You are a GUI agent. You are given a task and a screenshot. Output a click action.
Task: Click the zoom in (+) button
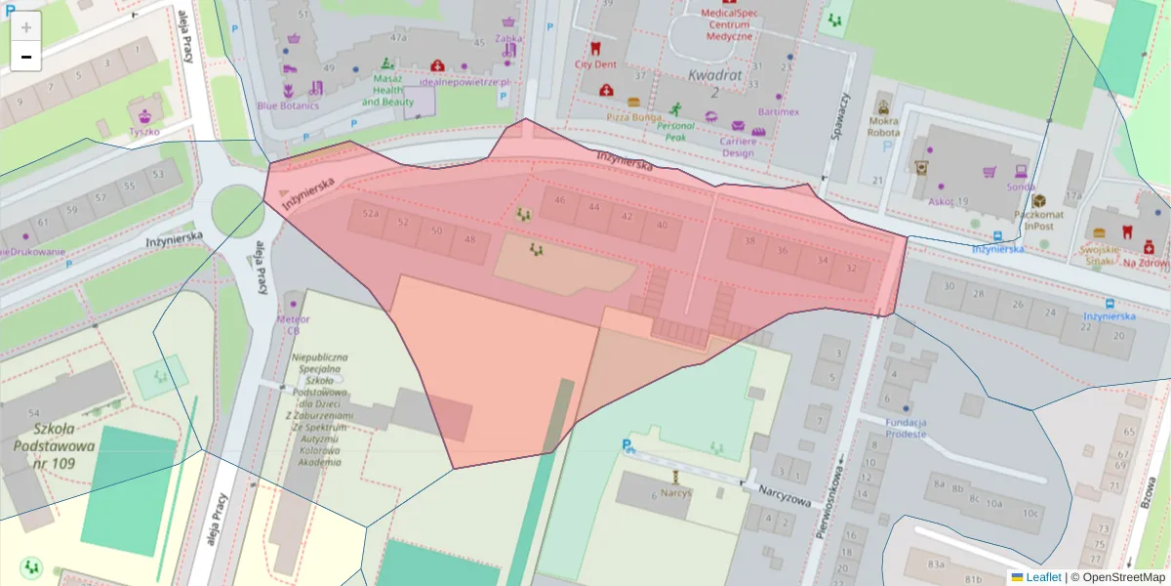click(26, 27)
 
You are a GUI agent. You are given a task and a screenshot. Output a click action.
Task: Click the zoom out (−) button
click(26, 57)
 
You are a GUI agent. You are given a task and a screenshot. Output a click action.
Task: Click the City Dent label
click(594, 64)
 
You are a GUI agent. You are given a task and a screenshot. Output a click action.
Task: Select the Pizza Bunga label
click(633, 116)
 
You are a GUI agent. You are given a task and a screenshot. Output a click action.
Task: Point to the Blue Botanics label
click(288, 105)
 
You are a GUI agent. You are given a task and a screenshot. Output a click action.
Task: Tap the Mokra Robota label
click(883, 127)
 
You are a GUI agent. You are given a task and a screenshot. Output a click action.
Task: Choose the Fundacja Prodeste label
click(906, 428)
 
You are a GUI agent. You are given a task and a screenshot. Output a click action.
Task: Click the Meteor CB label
click(293, 324)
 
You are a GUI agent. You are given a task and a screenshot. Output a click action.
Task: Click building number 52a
click(370, 213)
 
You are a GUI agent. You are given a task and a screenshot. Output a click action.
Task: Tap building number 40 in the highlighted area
click(663, 226)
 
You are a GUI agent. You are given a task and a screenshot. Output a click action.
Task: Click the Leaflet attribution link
click(1044, 577)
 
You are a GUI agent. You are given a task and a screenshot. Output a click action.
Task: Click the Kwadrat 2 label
click(715, 83)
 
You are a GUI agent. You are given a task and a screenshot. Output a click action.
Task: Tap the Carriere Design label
click(750, 146)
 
